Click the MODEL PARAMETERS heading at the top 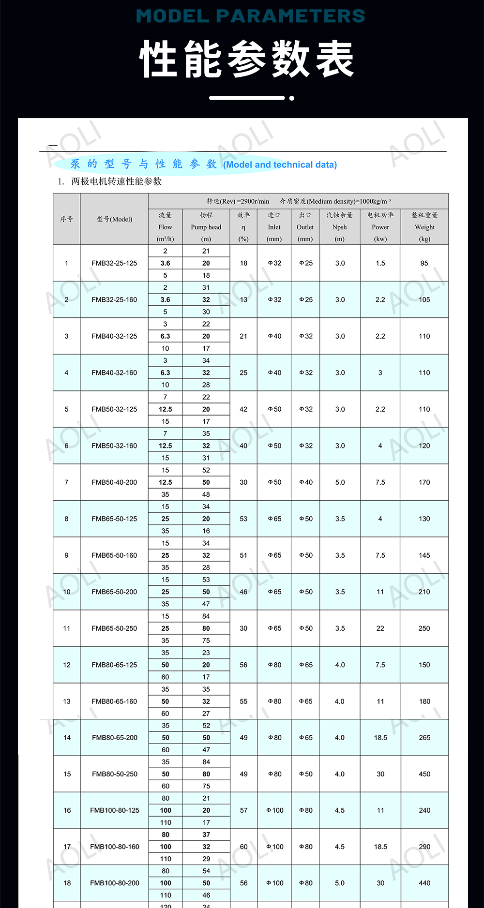coord(250,16)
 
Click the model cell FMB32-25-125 coord(114,263)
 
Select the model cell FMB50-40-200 coord(114,482)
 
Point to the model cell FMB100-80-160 coord(115,847)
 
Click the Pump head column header coord(206,227)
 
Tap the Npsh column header coord(340,227)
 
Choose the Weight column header coord(424,227)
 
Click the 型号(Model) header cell coord(114,219)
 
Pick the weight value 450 coord(424,774)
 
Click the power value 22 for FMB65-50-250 coord(380,628)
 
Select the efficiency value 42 coord(243,409)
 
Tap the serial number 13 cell coord(67,701)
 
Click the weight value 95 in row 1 coord(424,263)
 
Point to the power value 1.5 coord(380,263)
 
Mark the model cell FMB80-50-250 coord(115,774)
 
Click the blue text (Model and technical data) coord(280,164)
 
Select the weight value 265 coord(424,738)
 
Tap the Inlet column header coord(274,227)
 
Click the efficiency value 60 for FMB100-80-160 coord(243,847)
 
